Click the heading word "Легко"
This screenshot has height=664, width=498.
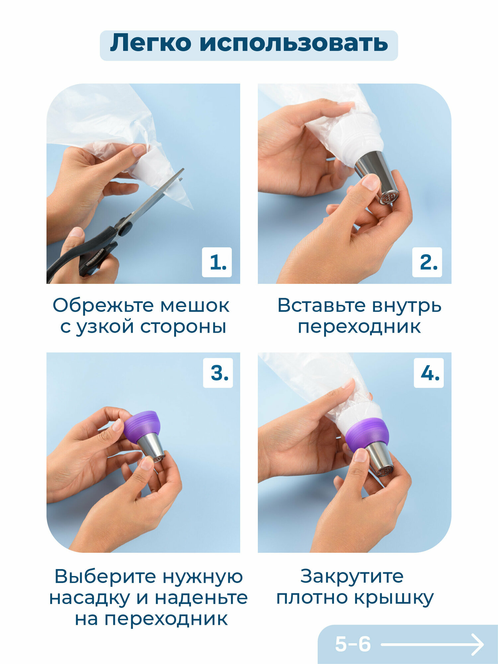[151, 43]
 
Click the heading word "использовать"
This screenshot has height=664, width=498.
[294, 43]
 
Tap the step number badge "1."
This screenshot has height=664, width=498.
[217, 262]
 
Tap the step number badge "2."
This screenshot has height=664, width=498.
[427, 262]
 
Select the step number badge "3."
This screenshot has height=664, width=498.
[218, 373]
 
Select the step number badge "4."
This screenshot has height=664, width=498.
[429, 373]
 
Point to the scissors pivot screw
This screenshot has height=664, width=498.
[125, 228]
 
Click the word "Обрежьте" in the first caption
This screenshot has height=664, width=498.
[104, 305]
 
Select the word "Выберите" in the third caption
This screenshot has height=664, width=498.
[106, 577]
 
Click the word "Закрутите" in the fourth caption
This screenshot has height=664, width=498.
[352, 577]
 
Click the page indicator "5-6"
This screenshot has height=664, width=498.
[353, 644]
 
